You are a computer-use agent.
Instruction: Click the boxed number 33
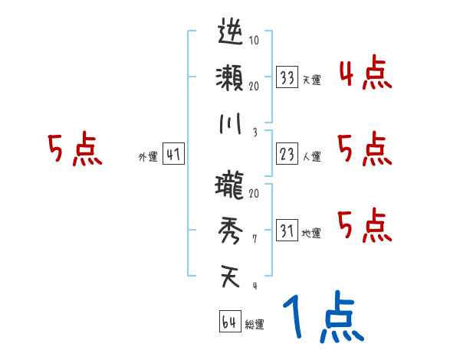[288, 77]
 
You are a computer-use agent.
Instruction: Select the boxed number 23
[288, 154]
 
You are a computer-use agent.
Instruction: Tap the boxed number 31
[288, 231]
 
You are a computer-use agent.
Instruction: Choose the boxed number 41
[173, 154]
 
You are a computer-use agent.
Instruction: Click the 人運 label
[311, 156]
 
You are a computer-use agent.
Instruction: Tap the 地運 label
[311, 233]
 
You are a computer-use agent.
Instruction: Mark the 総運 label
[255, 324]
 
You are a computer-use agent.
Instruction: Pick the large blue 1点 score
[322, 318]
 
